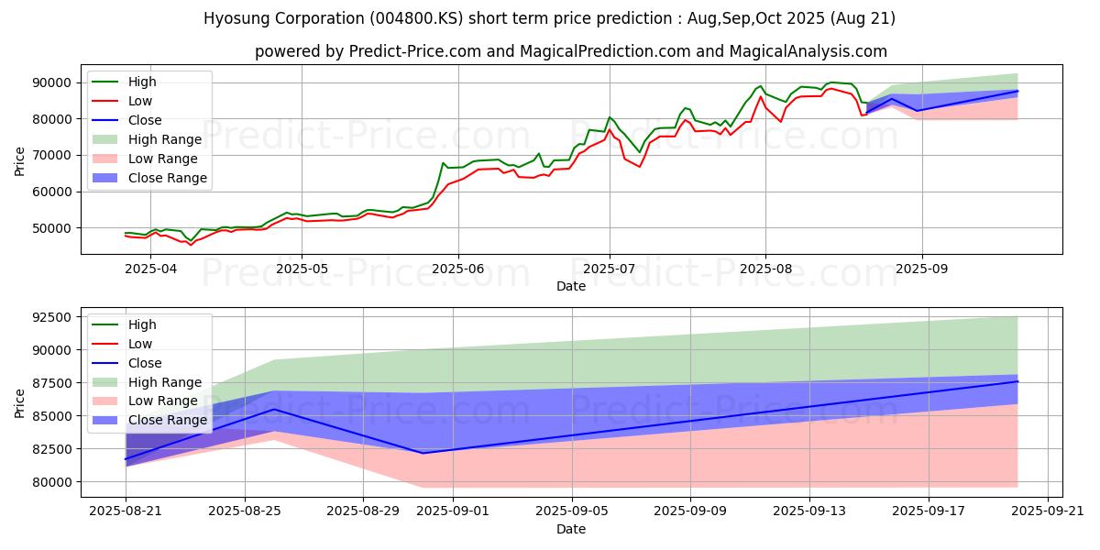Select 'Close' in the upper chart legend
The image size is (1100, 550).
pyautogui.click(x=145, y=120)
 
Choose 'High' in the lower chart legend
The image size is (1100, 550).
pyautogui.click(x=142, y=324)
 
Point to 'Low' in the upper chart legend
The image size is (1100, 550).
pyautogui.click(x=141, y=101)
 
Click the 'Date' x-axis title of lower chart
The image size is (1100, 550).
pyautogui.click(x=570, y=529)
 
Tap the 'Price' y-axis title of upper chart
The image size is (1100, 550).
pyautogui.click(x=20, y=160)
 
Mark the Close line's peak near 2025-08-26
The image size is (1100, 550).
pyautogui.click(x=273, y=409)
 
